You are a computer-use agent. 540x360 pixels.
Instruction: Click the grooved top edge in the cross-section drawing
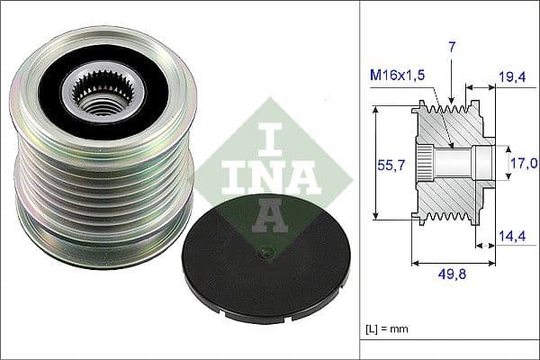point(450,105)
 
